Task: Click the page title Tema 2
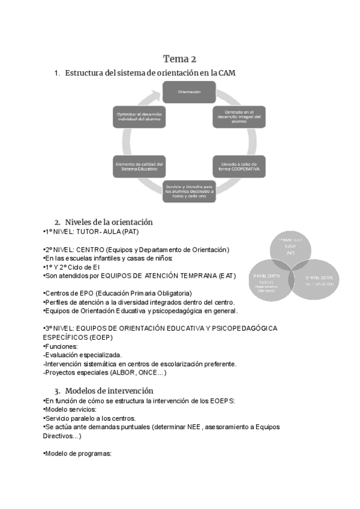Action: [179, 58]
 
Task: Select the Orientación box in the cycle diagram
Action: [188, 92]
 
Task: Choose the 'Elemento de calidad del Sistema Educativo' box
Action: [139, 166]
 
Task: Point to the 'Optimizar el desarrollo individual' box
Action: [139, 116]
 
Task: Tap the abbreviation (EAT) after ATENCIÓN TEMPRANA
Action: [227, 276]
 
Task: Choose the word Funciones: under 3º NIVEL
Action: [62, 346]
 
